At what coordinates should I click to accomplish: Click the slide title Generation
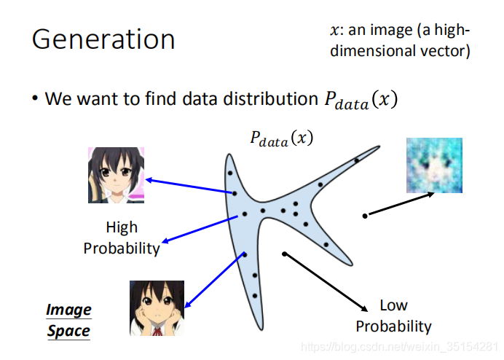coord(103,39)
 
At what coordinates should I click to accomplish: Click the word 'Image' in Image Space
coord(68,310)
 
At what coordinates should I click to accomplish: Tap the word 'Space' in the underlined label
coord(68,331)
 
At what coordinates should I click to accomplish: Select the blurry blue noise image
coord(434,165)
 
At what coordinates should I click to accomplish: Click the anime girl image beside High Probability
coord(116,175)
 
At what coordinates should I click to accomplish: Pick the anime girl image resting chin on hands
coord(157,307)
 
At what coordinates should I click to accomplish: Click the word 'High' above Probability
coord(121,227)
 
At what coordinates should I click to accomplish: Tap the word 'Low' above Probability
coord(393,305)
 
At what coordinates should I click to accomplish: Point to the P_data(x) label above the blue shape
coord(280,138)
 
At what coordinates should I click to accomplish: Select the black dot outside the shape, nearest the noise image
coord(365,216)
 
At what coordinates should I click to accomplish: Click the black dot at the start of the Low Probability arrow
coord(285,254)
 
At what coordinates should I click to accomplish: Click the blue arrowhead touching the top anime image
coord(149,179)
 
